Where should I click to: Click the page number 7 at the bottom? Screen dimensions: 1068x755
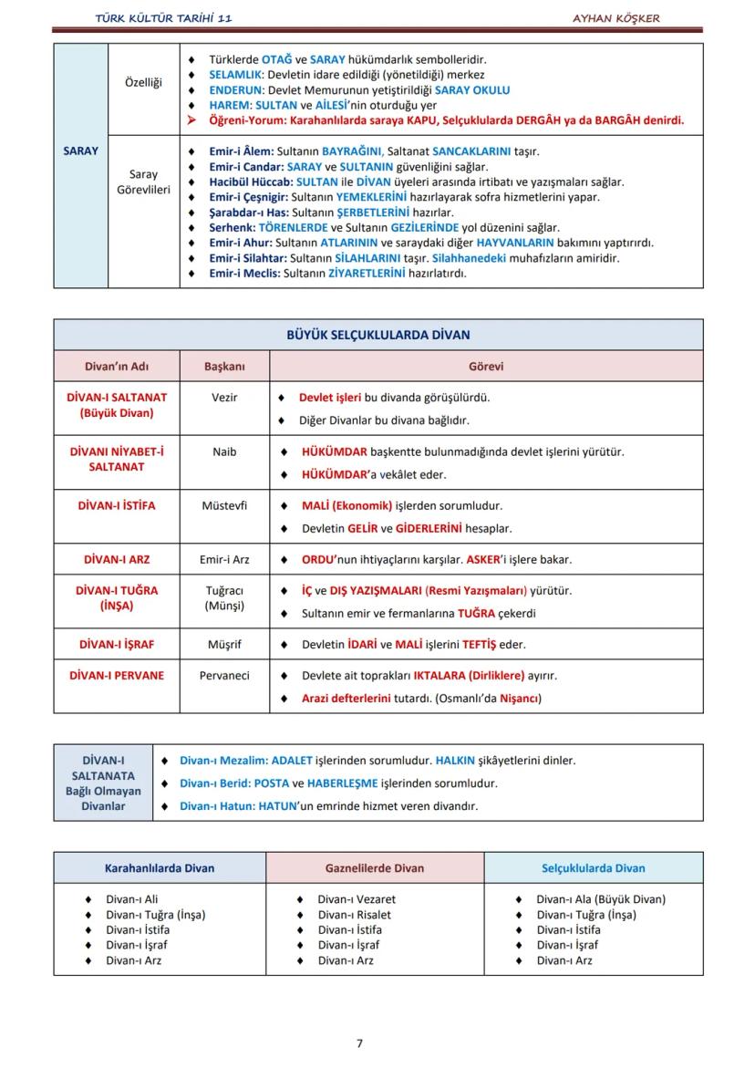coord(359,1043)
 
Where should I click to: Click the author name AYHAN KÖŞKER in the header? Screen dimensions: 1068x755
coord(615,18)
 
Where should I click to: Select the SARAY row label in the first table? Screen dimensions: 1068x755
coord(80,150)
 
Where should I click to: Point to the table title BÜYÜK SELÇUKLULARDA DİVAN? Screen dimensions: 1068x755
coord(378,335)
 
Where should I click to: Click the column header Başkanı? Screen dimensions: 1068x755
coord(224,367)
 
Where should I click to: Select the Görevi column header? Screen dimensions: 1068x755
coord(486,367)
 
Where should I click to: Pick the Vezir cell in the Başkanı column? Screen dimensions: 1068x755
coord(224,398)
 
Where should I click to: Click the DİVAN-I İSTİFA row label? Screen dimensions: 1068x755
coord(117,505)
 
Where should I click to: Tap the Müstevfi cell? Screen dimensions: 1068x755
coord(224,505)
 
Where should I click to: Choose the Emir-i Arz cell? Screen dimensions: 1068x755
coord(224,559)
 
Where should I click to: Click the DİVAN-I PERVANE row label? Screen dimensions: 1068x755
coord(117,676)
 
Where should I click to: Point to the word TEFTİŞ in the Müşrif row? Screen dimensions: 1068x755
coord(478,644)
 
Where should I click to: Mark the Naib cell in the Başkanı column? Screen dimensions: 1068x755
coord(224,451)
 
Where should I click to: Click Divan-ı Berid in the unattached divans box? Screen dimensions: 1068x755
coord(213,783)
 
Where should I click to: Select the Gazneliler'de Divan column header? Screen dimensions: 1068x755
coord(375,868)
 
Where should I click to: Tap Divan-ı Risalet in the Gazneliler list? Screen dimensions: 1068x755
coord(354,915)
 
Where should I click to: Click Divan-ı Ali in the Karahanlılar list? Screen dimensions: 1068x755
coord(131,899)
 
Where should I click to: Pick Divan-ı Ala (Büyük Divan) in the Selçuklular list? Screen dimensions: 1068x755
coord(600,899)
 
